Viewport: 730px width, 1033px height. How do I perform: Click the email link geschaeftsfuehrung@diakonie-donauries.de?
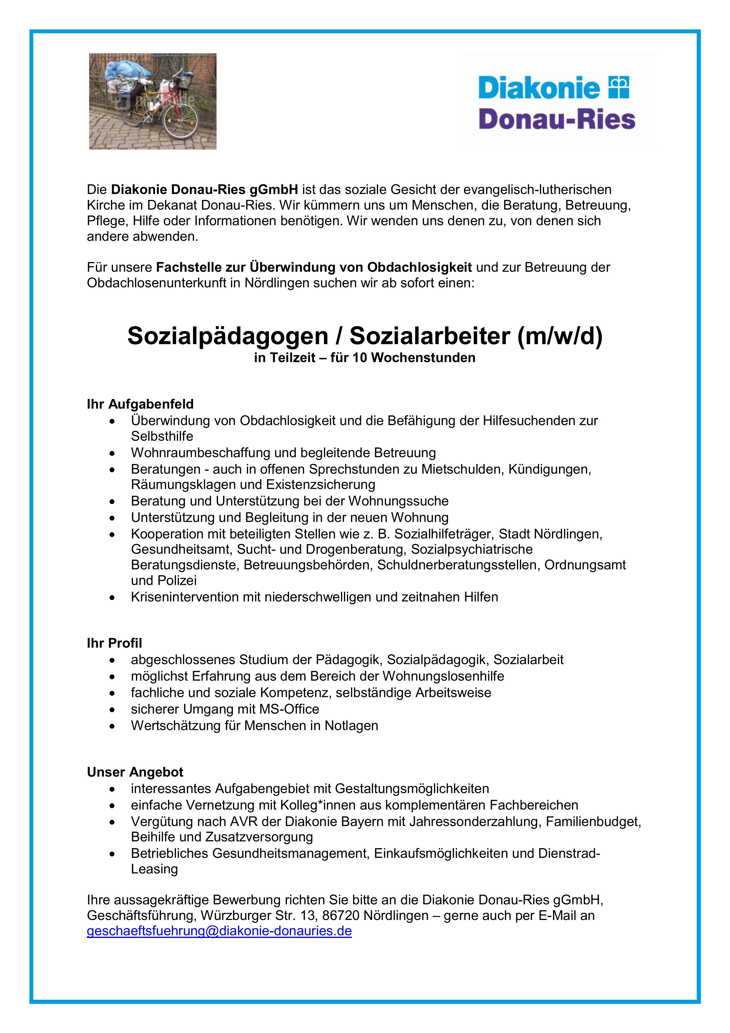coord(219,931)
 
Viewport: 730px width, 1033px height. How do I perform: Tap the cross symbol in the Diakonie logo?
coord(618,87)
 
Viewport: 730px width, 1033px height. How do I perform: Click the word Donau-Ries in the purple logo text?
coord(557,120)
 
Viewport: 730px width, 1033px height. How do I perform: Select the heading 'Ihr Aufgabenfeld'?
coord(140,404)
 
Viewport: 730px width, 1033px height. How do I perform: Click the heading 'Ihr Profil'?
coord(114,643)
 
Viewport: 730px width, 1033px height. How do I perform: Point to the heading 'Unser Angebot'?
coord(135,772)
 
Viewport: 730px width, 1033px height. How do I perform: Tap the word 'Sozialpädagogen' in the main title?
coord(227,336)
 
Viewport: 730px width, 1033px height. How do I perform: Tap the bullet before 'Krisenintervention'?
coord(112,598)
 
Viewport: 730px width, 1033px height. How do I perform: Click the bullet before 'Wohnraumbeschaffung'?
coord(112,453)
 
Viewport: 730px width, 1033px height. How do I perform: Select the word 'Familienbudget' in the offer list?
coord(593,822)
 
